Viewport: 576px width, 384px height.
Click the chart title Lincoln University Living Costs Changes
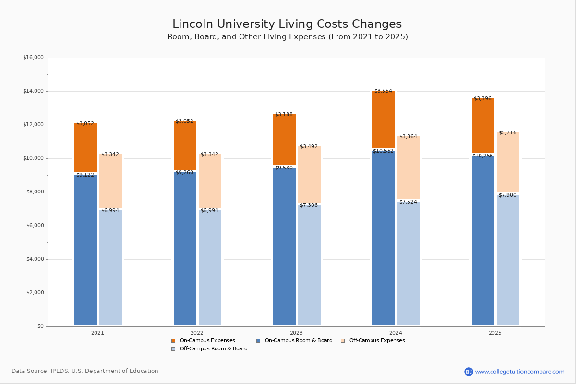pos(287,24)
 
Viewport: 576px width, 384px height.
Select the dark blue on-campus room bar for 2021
pos(85,250)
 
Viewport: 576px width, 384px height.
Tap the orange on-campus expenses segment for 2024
pos(384,120)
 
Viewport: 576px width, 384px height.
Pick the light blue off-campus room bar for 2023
pos(309,264)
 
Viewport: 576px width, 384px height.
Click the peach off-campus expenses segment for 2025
pos(508,163)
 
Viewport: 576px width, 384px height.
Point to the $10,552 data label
pos(383,151)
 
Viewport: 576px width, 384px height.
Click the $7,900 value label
pos(507,195)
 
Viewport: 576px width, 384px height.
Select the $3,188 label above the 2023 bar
pos(284,115)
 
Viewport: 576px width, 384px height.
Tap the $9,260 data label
pos(184,173)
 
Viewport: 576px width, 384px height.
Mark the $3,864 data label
pos(408,137)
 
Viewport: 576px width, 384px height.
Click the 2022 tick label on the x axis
pos(197,333)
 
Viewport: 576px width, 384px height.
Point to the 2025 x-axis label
pos(495,333)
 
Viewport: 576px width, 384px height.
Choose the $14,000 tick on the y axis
pos(33,91)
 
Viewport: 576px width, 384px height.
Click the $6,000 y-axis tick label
pos(35,226)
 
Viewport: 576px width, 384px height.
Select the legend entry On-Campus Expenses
pos(207,341)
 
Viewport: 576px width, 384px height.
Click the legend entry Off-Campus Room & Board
pos(213,349)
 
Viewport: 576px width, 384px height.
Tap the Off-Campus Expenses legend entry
pos(376,341)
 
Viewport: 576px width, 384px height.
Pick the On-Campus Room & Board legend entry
pos(298,341)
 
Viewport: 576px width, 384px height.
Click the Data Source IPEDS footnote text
pos(85,371)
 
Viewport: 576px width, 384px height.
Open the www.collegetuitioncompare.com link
pos(519,372)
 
